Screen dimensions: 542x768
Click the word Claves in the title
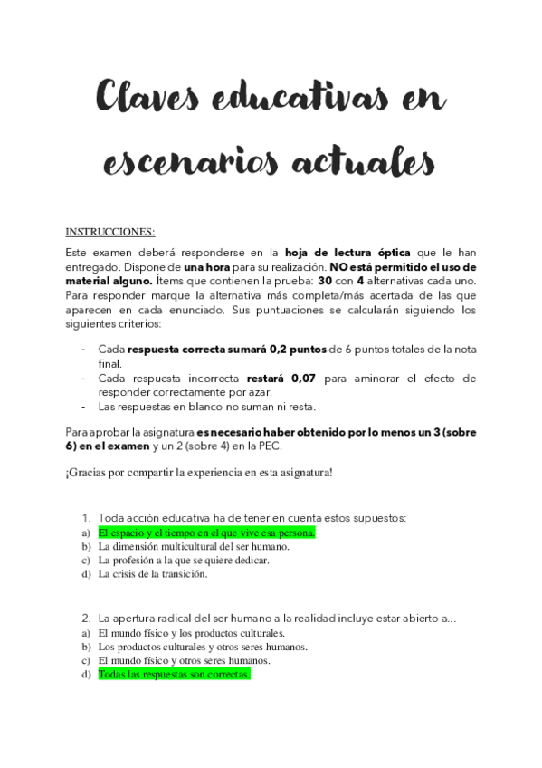[x=145, y=97]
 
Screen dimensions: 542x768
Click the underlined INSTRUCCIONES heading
[x=110, y=231]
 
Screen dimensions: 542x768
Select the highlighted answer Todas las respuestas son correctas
[x=174, y=675]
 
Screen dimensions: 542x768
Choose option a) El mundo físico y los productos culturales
[x=192, y=633]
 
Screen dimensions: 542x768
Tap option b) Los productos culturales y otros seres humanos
[x=203, y=647]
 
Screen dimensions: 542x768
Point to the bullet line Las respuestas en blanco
[x=195, y=407]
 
